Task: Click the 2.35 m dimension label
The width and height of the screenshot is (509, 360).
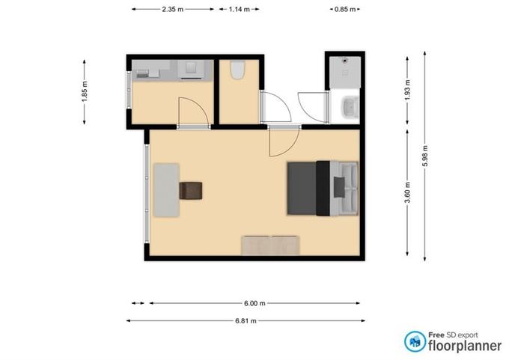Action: click(173, 10)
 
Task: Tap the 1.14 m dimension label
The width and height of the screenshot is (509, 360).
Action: click(240, 10)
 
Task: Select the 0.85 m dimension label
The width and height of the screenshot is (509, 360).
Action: click(345, 10)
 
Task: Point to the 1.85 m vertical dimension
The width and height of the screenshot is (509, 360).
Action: click(85, 91)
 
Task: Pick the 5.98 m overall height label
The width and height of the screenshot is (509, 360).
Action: click(425, 156)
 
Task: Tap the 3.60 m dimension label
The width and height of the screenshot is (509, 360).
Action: click(408, 192)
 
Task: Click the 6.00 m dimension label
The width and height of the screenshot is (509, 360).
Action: click(254, 304)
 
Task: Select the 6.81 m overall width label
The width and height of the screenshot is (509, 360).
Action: click(246, 321)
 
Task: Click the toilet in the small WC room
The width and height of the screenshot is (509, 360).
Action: click(237, 70)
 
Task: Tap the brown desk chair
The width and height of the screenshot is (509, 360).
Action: click(191, 191)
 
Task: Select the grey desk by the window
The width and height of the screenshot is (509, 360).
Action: click(166, 190)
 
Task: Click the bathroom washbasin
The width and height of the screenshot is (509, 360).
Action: click(350, 107)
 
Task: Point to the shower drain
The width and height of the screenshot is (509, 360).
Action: click(345, 60)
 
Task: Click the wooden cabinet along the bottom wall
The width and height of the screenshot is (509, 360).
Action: click(270, 245)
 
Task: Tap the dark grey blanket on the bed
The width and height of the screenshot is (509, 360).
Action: click(302, 189)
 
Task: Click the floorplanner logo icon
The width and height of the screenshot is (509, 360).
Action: click(415, 341)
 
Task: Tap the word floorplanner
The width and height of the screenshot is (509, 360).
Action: click(465, 346)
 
